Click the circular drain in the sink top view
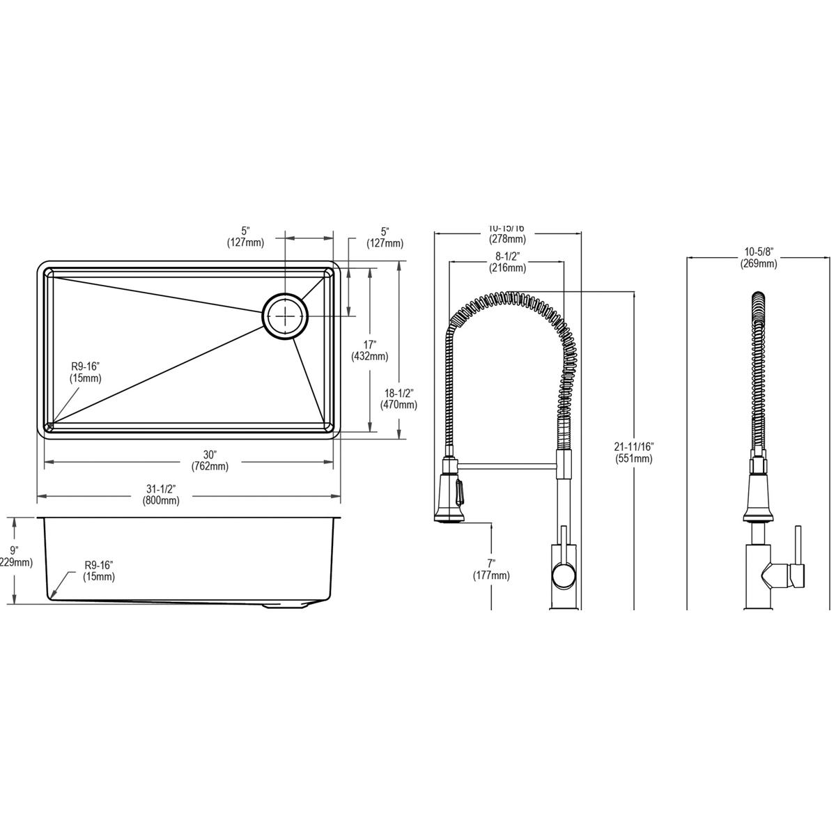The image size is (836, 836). tap(285, 316)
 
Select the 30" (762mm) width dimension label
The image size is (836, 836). tap(215, 460)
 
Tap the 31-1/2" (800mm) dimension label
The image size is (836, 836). tap(161, 495)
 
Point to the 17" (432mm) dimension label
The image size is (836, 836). tap(369, 350)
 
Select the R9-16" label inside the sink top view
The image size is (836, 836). tap(85, 372)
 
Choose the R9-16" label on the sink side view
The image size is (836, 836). tap(99, 571)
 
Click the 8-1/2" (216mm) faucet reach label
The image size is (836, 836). tap(507, 262)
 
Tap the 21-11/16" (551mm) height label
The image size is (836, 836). tap(634, 452)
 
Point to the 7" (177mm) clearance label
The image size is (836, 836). tap(491, 569)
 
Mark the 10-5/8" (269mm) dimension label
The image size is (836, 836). tap(759, 257)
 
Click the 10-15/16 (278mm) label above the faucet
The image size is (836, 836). tap(507, 233)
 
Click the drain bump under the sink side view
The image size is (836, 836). tap(286, 607)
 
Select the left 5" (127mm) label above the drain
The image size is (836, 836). tap(245, 237)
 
